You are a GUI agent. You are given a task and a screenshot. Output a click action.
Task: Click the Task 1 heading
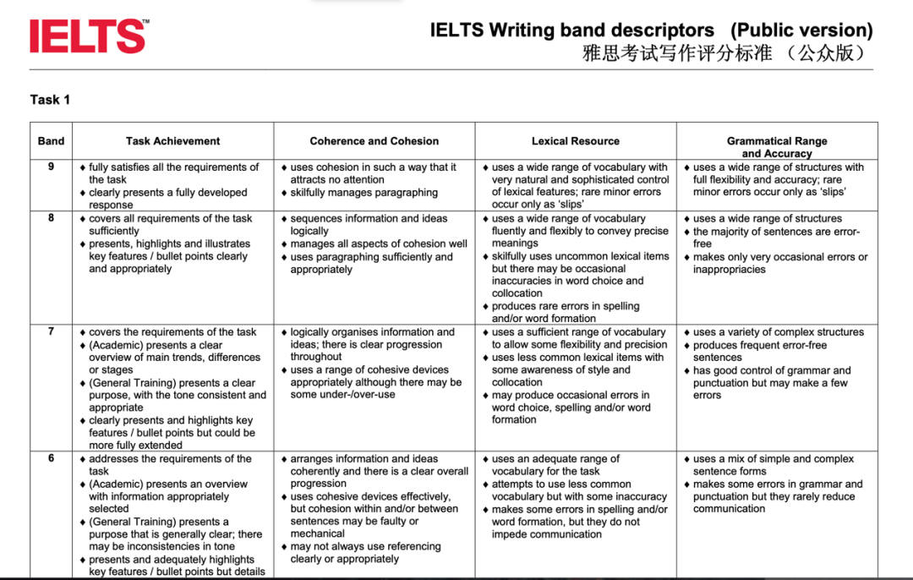[x=50, y=100]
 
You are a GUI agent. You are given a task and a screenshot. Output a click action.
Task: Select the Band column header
[x=51, y=141]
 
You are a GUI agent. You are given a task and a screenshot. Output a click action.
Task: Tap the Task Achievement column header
[x=172, y=141]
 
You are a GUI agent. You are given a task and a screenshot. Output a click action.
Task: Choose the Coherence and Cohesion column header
[x=374, y=141]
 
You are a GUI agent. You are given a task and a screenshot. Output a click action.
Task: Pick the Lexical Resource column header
[x=575, y=141]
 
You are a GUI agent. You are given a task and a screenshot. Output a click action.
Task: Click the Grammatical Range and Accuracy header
[x=776, y=147]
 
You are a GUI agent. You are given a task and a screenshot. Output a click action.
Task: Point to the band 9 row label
[x=51, y=167]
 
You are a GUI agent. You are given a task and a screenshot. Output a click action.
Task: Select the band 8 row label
[x=51, y=218]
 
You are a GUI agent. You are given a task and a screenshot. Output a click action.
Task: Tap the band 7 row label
[x=51, y=332]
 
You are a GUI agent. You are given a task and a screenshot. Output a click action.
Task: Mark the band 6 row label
[x=51, y=458]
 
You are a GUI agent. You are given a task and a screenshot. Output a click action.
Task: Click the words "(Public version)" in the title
[x=801, y=30]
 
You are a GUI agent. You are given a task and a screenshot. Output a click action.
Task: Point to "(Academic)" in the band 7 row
[x=114, y=345]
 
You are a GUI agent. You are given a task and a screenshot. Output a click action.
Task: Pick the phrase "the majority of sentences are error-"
[x=776, y=232]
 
